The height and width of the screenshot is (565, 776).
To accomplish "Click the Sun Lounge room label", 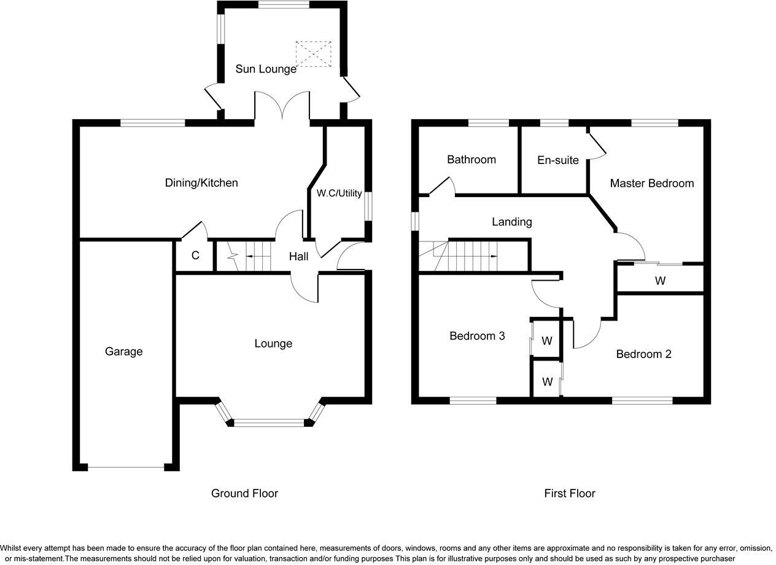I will (x=266, y=69).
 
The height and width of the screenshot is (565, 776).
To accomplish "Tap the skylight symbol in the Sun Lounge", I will (x=314, y=54).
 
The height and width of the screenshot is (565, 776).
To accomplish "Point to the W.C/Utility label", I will (x=339, y=193).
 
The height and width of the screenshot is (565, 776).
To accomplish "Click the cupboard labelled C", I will (x=195, y=255).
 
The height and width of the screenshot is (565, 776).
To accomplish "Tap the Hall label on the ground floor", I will (x=298, y=257).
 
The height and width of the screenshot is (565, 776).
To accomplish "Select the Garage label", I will (x=123, y=351).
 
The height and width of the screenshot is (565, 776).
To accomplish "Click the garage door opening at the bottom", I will (x=126, y=468).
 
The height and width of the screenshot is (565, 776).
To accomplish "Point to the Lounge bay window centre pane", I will (x=270, y=423).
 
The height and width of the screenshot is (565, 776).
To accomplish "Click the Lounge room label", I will (x=273, y=343).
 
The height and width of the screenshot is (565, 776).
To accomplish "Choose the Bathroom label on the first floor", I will (x=471, y=160).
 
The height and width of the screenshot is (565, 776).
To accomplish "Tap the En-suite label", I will (x=557, y=160).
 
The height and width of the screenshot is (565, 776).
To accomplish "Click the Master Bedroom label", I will (x=651, y=183).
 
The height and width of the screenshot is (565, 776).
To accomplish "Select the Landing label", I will (x=511, y=222).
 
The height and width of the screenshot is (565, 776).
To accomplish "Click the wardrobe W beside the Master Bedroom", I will (x=660, y=281).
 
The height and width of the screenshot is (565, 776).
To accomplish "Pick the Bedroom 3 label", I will (x=477, y=336).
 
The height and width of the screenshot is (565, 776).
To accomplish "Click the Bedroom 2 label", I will (x=643, y=354).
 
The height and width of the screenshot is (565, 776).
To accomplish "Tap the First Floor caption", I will (x=569, y=493).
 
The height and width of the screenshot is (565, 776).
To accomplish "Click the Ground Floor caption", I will (x=244, y=493).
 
